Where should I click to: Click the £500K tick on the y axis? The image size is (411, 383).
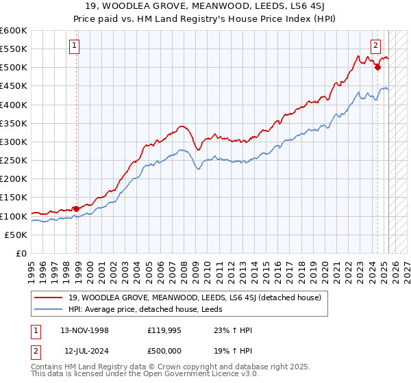click(x=14, y=68)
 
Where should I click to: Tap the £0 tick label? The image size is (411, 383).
click(x=21, y=254)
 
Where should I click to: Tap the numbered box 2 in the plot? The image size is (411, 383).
click(x=376, y=46)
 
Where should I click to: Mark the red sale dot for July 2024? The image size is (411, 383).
click(x=377, y=67)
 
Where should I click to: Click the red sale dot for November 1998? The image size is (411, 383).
click(x=76, y=209)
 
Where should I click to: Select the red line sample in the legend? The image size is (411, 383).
click(x=49, y=297)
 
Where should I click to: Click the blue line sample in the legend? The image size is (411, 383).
click(x=49, y=308)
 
